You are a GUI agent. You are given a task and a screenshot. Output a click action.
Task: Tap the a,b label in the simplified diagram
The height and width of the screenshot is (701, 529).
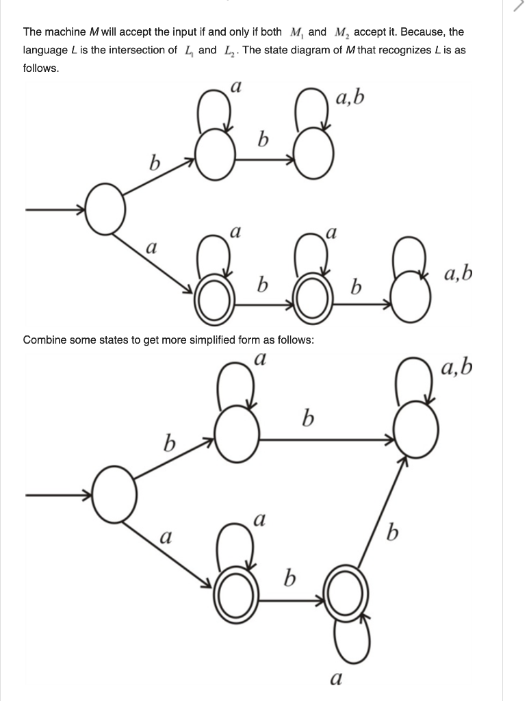pyautogui.click(x=457, y=368)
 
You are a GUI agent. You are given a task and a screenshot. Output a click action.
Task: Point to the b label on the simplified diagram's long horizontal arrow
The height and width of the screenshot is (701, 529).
pyautogui.click(x=309, y=416)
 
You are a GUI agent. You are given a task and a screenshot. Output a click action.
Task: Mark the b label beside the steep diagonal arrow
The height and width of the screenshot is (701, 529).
pyautogui.click(x=392, y=531)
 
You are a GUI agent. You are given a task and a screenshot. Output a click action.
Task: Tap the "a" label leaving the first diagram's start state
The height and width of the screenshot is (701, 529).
pyautogui.click(x=153, y=245)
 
